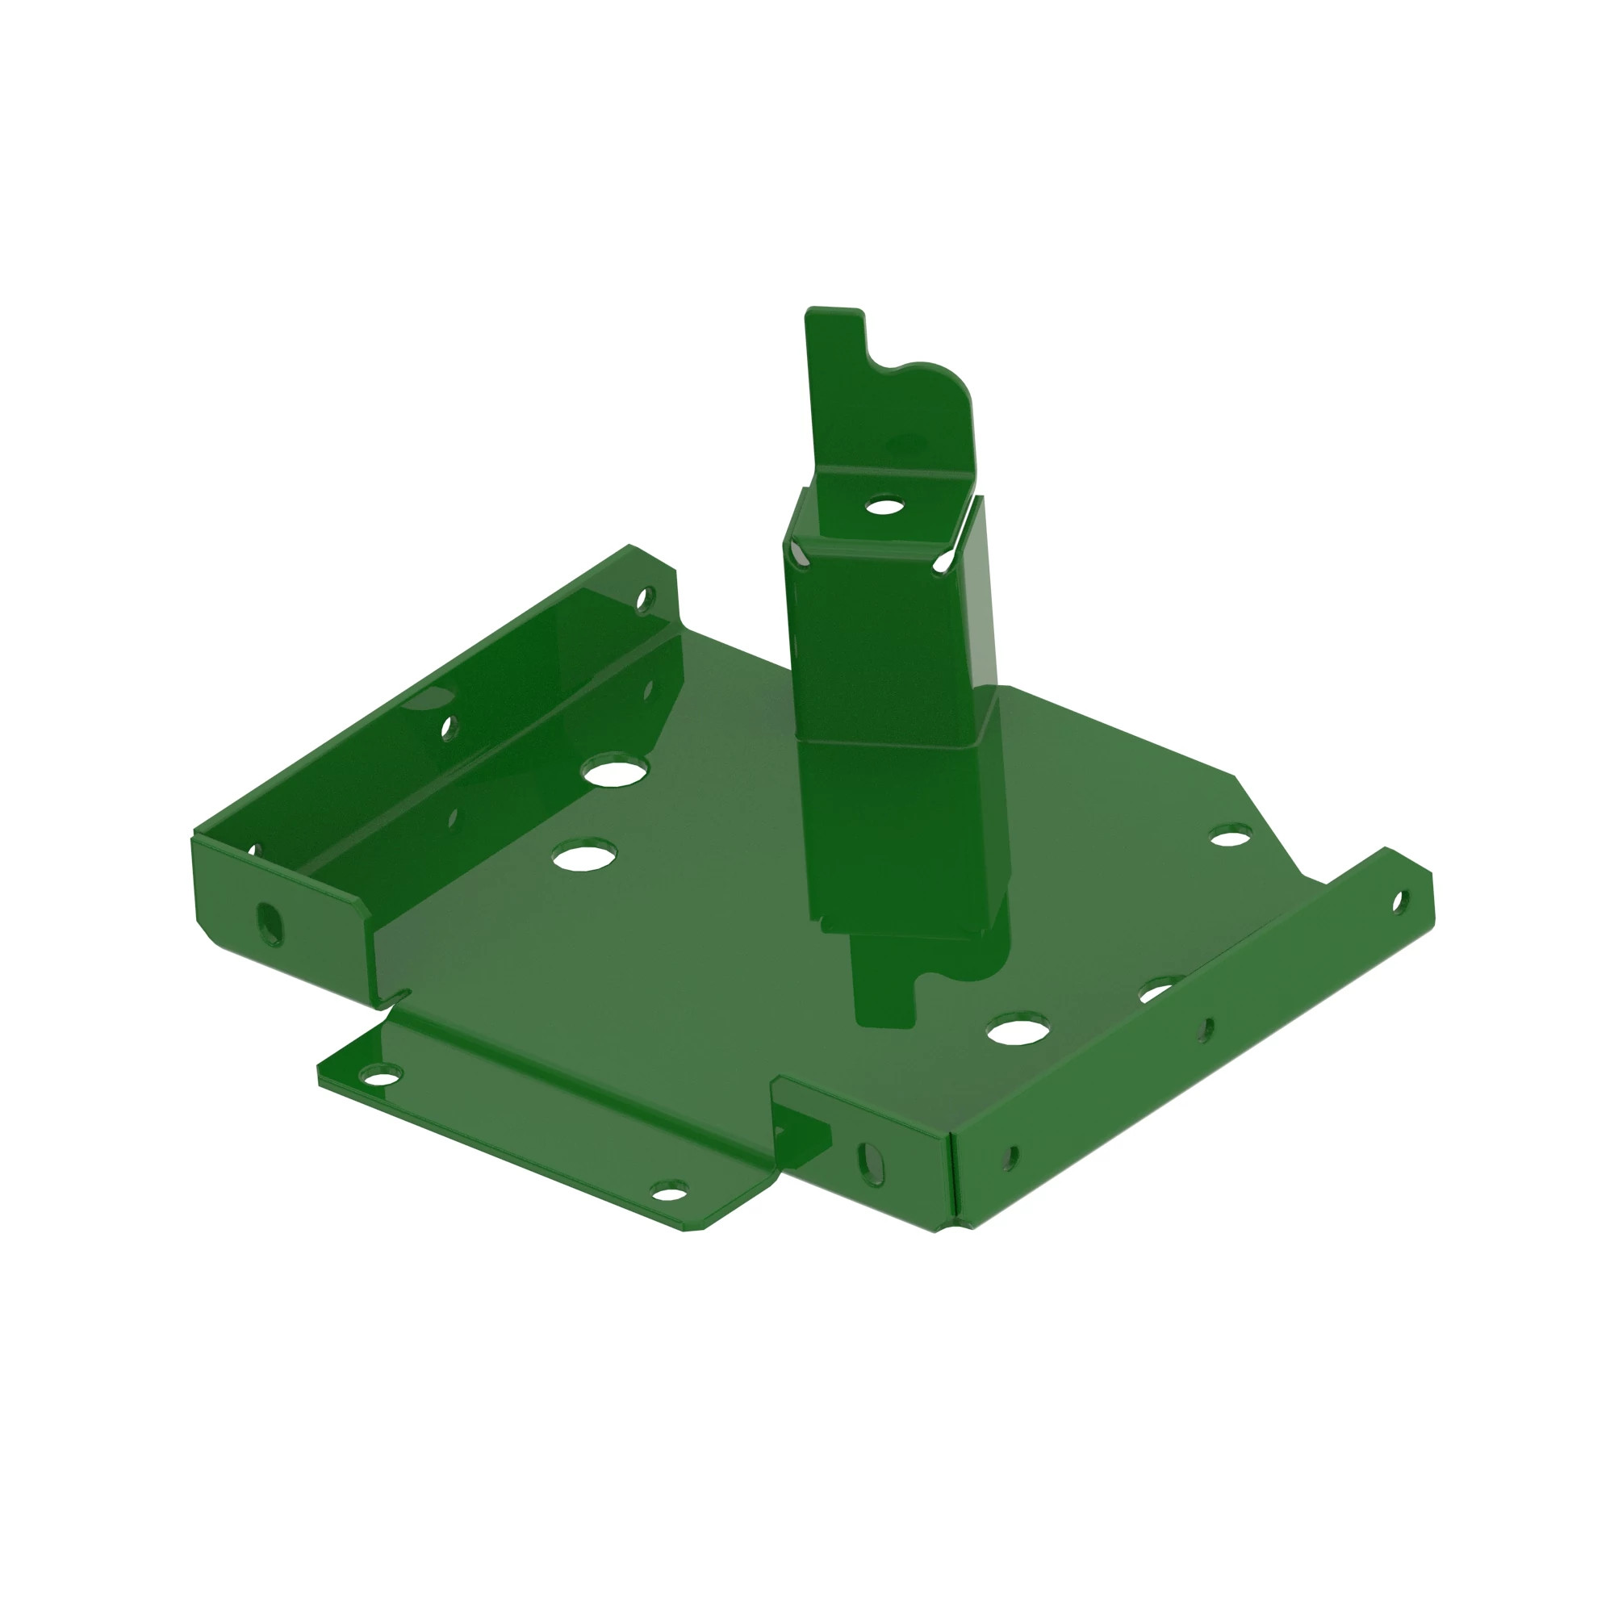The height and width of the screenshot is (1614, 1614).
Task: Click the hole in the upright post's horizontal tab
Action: [x=883, y=505]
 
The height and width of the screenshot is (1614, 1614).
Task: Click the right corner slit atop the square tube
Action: [x=945, y=562]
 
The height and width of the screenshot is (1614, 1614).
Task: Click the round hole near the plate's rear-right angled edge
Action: [x=1231, y=834]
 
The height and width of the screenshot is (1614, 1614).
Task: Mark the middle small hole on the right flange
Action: [x=1205, y=1030]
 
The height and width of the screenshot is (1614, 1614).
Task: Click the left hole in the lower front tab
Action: [x=379, y=1074]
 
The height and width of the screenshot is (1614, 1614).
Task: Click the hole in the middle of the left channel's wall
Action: [x=449, y=727]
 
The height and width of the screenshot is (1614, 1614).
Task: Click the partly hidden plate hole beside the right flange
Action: [x=1158, y=991]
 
